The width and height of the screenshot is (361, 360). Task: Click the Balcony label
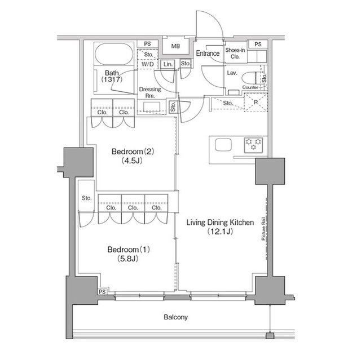175,317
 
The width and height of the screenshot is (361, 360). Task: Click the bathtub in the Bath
114,54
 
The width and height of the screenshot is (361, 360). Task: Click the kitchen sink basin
223,145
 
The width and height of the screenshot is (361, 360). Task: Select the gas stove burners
253,145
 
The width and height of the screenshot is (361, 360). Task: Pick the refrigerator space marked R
256,103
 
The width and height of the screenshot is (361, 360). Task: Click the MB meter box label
175,46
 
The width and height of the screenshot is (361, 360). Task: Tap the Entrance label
208,54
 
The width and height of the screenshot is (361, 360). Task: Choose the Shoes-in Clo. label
235,53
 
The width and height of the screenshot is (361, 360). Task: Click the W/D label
147,64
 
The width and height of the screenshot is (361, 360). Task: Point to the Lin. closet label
168,64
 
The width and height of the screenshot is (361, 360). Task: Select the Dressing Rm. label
150,92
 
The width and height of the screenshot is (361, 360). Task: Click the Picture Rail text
263,229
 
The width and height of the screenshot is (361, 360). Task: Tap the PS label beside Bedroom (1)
102,292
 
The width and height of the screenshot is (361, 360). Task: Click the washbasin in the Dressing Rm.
152,106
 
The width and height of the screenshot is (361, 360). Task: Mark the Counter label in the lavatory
250,87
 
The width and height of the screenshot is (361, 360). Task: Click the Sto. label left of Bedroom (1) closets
86,198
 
